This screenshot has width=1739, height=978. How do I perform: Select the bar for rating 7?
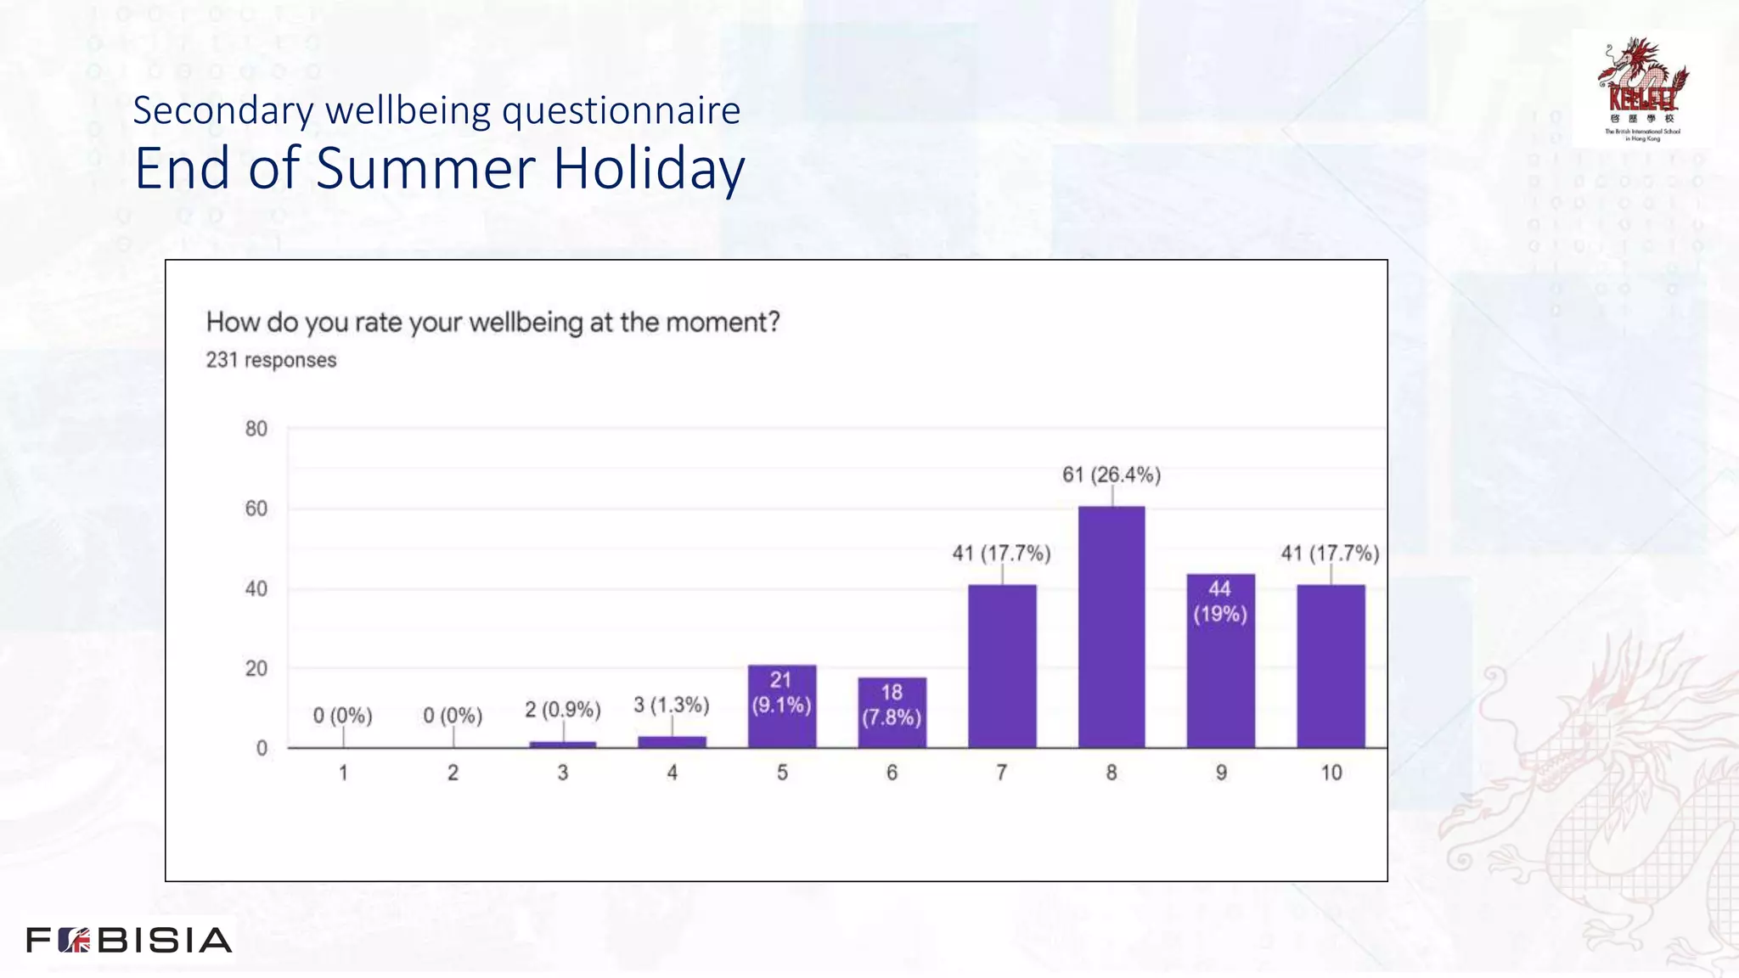coord(1002,666)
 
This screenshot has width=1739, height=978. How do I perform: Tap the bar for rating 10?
coord(1331,666)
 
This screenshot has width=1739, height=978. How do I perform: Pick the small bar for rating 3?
coord(563,745)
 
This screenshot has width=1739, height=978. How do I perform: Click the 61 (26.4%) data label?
coord(1111,475)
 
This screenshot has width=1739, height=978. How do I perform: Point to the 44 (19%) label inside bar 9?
coord(1220,601)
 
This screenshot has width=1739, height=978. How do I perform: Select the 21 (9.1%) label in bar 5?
coord(781,692)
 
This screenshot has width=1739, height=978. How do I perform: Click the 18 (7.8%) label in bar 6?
coord(892,705)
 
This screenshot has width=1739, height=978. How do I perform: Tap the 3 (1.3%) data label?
coord(672,705)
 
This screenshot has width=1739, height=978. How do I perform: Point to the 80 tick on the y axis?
coord(256,429)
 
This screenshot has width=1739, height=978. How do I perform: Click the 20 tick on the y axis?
coord(256,669)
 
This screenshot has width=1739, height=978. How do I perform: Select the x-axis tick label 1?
coord(343,773)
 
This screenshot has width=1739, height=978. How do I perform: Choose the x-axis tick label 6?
coord(892,773)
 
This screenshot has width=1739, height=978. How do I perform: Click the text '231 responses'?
coord(271,360)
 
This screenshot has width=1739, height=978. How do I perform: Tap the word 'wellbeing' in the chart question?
coord(526,323)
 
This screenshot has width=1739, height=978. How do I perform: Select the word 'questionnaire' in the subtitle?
coord(622,111)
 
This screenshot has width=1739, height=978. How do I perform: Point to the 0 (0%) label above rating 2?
coord(453,716)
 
